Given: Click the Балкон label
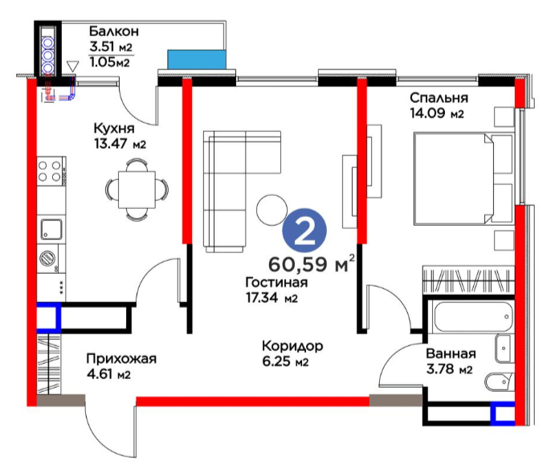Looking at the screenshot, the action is pyautogui.click(x=113, y=31).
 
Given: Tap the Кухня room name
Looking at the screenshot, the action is pyautogui.click(x=114, y=128).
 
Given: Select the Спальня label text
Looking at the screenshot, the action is pyautogui.click(x=439, y=98).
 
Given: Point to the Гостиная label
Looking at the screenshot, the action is pyautogui.click(x=276, y=283).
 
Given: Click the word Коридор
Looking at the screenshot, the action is pyautogui.click(x=292, y=346).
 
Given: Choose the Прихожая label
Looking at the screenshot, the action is pyautogui.click(x=121, y=359).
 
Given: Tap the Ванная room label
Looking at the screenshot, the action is pyautogui.click(x=451, y=353).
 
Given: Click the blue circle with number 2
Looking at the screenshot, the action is pyautogui.click(x=304, y=230).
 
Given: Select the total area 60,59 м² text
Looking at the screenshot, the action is pyautogui.click(x=312, y=263).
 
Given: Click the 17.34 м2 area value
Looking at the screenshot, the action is pyautogui.click(x=271, y=298).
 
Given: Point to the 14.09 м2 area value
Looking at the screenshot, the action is pyautogui.click(x=437, y=113).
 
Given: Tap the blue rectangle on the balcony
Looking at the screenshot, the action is pyautogui.click(x=197, y=59).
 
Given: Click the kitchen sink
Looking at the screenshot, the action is pyautogui.click(x=51, y=229).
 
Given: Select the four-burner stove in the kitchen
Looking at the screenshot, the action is pyautogui.click(x=51, y=171).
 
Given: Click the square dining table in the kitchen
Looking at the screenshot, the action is pyautogui.click(x=137, y=190).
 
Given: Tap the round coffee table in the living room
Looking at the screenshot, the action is pyautogui.click(x=271, y=210).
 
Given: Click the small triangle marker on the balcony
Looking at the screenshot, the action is pyautogui.click(x=72, y=66).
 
